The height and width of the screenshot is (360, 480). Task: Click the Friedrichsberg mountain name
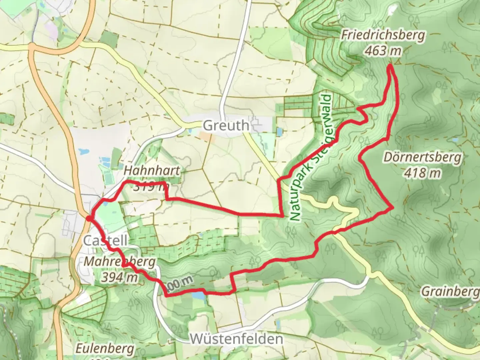pyautogui.click(x=383, y=35)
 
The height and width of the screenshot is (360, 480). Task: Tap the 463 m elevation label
pyautogui.click(x=382, y=51)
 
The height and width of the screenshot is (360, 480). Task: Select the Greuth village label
pyautogui.click(x=226, y=126)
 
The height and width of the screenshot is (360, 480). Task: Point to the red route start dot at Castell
pyautogui.click(x=88, y=218)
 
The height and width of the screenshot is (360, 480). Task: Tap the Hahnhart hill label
pyautogui.click(x=152, y=171)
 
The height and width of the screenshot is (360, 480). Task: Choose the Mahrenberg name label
pyautogui.click(x=119, y=262)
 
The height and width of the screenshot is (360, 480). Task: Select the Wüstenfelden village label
pyautogui.click(x=237, y=339)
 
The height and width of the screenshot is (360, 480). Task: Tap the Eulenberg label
pyautogui.click(x=105, y=349)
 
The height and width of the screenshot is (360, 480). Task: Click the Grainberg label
pyautogui.click(x=450, y=292)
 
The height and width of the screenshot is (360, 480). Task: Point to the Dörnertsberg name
pyautogui.click(x=422, y=157)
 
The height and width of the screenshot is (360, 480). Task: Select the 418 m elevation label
pyautogui.click(x=422, y=173)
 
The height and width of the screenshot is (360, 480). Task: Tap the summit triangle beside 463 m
pyautogui.click(x=397, y=62)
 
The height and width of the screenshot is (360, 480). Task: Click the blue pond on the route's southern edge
pyautogui.click(x=198, y=295)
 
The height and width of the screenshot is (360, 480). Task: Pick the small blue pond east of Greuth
pyautogui.click(x=279, y=132)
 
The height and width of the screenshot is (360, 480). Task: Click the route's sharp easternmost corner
pyautogui.click(x=393, y=208)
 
